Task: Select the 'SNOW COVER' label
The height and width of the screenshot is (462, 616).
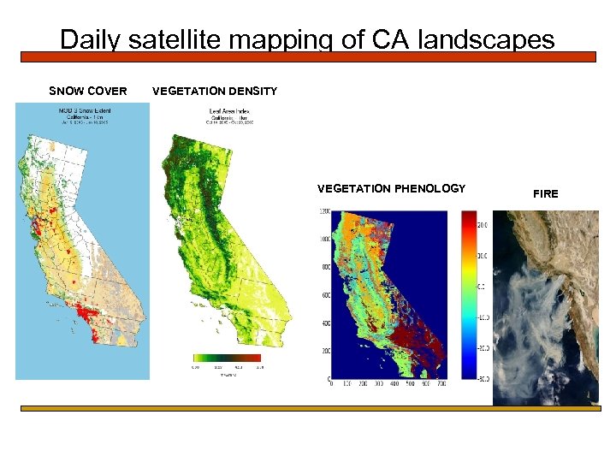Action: (88, 92)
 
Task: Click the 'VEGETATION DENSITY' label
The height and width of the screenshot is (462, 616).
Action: (215, 92)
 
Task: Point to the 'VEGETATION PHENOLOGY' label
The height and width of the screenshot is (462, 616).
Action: (391, 188)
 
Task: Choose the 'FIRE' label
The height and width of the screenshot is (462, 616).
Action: (545, 194)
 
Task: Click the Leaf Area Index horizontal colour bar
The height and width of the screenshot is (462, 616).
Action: (228, 358)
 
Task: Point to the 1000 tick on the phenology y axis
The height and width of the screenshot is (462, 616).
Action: (325, 240)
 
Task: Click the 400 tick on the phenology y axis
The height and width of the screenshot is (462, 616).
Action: (325, 323)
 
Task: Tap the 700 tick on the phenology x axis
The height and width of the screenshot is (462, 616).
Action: (441, 385)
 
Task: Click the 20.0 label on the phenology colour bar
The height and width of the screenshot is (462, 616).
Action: (483, 225)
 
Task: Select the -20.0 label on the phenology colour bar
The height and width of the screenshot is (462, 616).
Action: (483, 348)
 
